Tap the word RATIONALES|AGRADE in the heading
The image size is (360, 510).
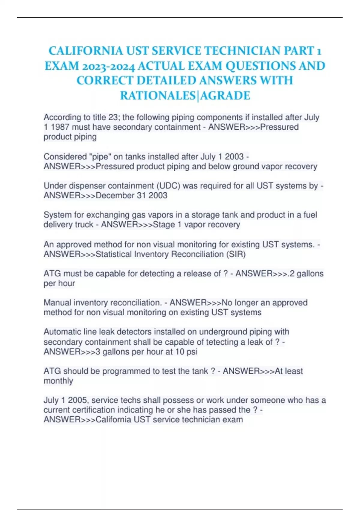pyautogui.click(x=185, y=96)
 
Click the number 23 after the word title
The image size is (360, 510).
pyautogui.click(x=114, y=117)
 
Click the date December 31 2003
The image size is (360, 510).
pyautogui.click(x=131, y=196)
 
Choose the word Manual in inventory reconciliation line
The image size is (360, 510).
pyautogui.click(x=57, y=303)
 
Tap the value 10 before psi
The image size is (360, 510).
pyautogui.click(x=180, y=352)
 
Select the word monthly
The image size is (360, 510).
pyautogui.click(x=58, y=381)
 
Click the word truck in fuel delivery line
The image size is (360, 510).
pyautogui.click(x=83, y=225)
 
